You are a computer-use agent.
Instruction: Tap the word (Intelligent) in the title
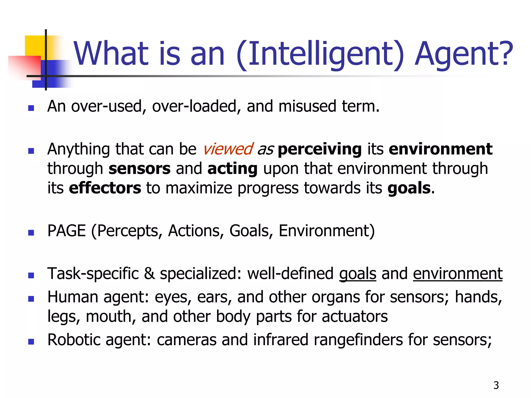[320, 54]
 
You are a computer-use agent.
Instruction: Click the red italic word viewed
[228, 149]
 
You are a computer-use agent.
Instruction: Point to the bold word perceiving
[319, 150]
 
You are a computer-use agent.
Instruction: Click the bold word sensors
[139, 169]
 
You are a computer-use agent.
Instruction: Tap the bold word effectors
[105, 188]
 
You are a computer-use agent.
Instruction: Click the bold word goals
[409, 188]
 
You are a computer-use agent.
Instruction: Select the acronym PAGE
[67, 231]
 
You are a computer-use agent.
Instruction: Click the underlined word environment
[458, 274]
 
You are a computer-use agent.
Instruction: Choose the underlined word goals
[358, 274]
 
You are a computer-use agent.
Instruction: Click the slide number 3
[496, 385]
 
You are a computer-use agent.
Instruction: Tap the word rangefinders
[358, 340]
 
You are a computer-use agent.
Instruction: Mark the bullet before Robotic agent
[31, 342]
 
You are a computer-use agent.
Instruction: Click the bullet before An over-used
[31, 108]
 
